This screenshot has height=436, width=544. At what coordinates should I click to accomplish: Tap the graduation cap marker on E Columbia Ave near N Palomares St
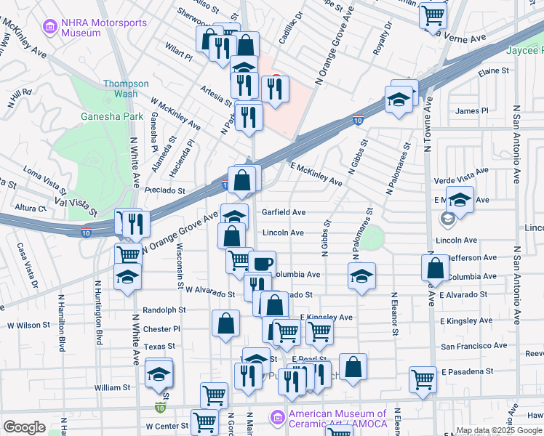361,275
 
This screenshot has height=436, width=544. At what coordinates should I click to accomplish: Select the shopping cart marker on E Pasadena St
423,378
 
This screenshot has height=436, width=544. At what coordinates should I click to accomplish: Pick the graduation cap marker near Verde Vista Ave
460,198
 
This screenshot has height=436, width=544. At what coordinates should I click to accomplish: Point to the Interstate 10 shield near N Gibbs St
358,119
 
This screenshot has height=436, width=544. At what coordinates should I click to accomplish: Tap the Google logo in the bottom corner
24,427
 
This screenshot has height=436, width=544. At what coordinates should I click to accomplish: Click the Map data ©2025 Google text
498,430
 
